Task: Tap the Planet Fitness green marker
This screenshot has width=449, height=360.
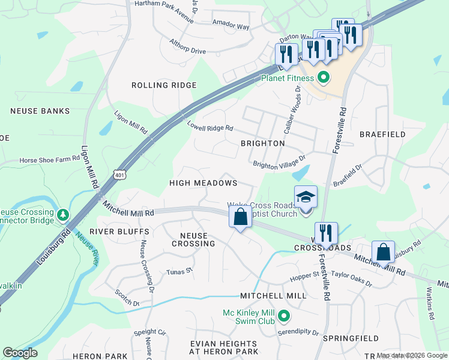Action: (323, 78)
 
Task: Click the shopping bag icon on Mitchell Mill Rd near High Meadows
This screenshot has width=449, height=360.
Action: (240, 217)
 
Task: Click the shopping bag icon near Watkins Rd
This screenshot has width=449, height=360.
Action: (383, 252)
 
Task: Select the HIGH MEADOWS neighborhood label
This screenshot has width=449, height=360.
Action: (203, 182)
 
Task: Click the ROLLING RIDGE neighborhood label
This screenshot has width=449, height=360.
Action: (164, 85)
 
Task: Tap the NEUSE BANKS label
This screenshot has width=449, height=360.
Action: (40, 111)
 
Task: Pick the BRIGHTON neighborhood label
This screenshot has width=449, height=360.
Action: (262, 143)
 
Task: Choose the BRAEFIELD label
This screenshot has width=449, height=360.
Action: (382, 134)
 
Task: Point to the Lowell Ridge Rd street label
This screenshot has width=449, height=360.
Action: (209, 128)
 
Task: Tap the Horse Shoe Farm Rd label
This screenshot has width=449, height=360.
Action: (49, 160)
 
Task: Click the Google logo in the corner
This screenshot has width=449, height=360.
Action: (20, 353)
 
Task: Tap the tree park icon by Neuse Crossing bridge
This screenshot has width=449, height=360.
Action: (62, 215)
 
